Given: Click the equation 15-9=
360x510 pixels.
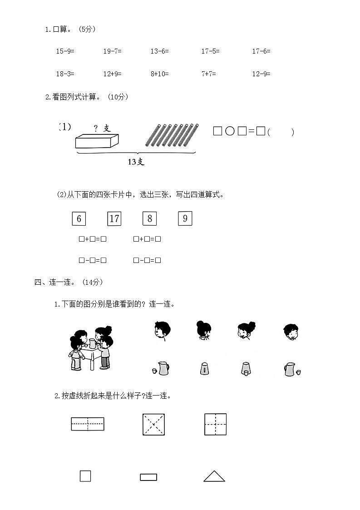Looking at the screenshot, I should [65, 52].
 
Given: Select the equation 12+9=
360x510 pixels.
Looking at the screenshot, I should [112, 74].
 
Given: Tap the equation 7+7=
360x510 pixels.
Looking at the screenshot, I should [208, 74].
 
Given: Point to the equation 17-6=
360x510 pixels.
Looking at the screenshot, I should [261, 52].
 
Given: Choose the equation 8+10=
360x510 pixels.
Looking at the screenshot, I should [159, 74].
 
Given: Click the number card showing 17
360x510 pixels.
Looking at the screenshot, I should [114, 218].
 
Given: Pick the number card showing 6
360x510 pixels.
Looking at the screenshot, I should [79, 218].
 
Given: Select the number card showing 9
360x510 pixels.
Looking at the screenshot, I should [185, 218].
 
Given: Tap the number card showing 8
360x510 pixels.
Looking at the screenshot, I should [149, 218].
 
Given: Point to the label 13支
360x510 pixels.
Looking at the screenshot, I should [136, 162].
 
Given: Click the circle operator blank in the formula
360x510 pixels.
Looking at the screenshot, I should [230, 131].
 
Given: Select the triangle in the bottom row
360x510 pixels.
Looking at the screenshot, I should [214, 476].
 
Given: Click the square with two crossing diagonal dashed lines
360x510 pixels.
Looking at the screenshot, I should [153, 424].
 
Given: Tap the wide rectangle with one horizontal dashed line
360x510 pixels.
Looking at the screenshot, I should [88, 424].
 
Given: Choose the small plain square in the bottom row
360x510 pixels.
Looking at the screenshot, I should [85, 476].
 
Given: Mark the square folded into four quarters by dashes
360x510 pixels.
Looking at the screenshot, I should [215, 424].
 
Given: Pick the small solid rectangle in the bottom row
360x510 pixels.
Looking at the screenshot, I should [148, 477].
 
